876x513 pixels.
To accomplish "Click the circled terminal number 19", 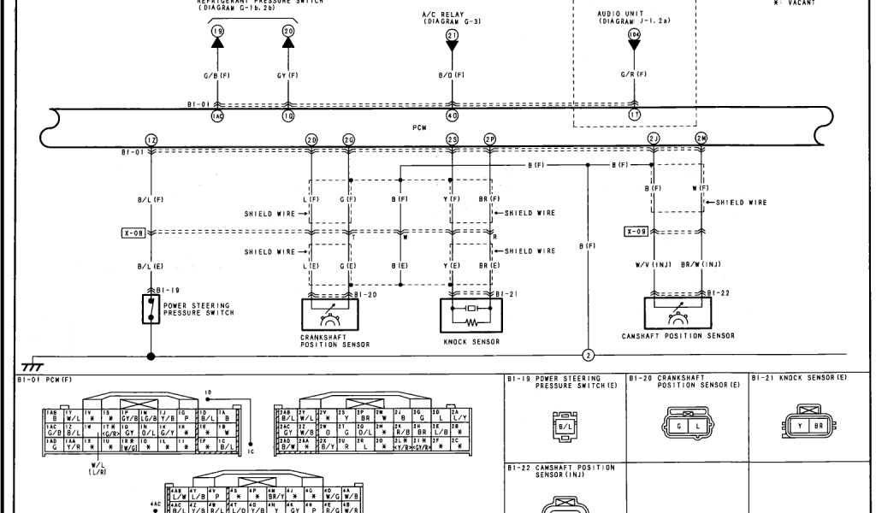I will (x=216, y=31).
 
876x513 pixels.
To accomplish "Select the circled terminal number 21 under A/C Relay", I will (x=453, y=34).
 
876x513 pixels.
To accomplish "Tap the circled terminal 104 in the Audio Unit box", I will (x=634, y=34).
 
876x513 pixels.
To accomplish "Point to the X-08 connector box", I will (x=134, y=232).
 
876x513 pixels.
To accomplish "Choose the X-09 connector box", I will (x=636, y=232).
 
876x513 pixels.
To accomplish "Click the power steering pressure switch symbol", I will (x=151, y=309).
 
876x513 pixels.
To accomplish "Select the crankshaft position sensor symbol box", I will (x=328, y=315).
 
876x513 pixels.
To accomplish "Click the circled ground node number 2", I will (x=588, y=355).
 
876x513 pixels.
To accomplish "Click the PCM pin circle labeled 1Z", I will (x=151, y=139).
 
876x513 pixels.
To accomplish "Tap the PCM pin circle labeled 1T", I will (x=634, y=115).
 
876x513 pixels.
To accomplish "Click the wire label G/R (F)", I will (x=634, y=75).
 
